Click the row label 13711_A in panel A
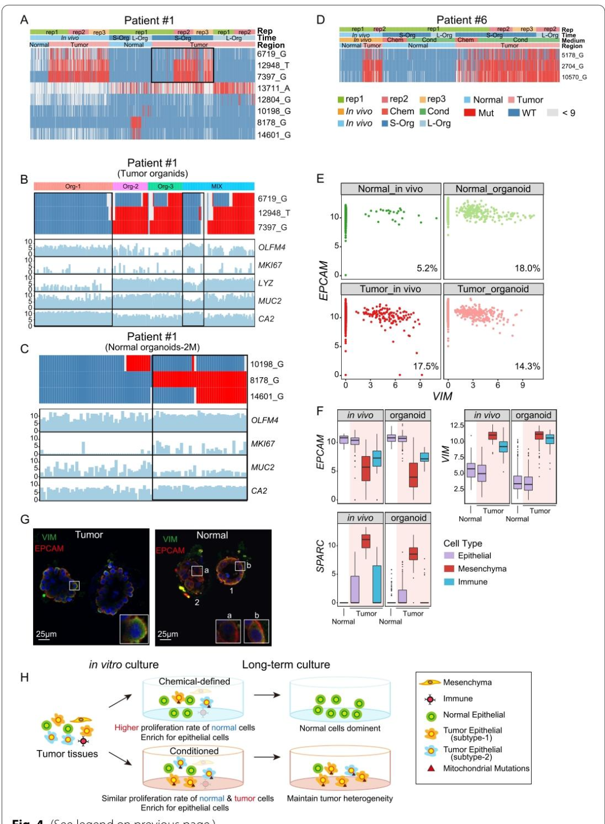[273, 88]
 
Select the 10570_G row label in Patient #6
[574, 77]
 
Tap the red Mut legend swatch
[469, 113]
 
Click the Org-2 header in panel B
[130, 186]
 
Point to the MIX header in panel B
[217, 186]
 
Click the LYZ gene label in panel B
[266, 283]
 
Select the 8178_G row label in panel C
[264, 381]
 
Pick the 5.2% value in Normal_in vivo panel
[427, 269]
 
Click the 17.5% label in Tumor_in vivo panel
[426, 367]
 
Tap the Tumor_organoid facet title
[493, 289]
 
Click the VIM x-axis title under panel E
[443, 396]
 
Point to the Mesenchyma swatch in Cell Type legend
[449, 569]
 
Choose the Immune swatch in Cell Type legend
[449, 582]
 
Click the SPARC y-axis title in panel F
[321, 556]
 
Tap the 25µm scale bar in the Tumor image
[43, 639]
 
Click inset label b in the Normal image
[257, 615]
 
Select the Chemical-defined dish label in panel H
[194, 681]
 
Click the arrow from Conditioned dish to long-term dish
[267, 757]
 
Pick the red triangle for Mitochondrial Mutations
[431, 769]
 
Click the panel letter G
[25, 519]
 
